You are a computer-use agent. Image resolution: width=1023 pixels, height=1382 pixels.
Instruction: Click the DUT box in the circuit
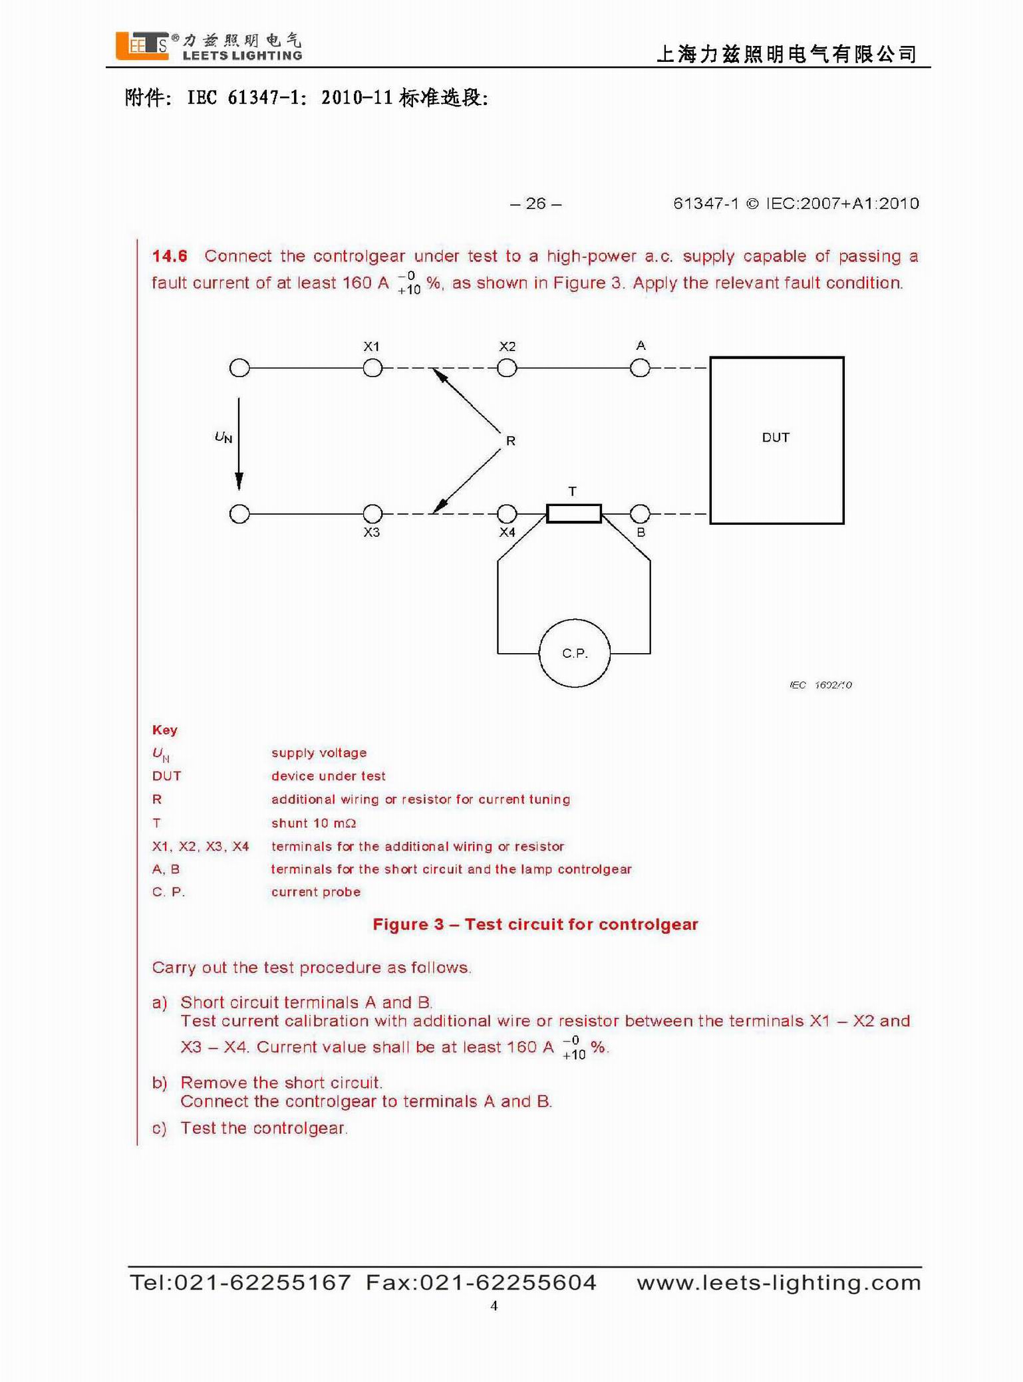tap(776, 440)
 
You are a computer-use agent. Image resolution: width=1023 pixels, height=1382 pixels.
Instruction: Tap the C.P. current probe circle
tap(574, 653)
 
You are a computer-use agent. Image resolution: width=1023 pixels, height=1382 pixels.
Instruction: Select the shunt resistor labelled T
tap(573, 513)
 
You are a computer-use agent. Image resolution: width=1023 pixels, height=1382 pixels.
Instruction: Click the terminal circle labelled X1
tap(372, 368)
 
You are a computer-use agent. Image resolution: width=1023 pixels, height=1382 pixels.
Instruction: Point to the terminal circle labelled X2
tap(507, 368)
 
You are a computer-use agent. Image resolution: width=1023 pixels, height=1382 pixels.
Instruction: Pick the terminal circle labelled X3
tap(372, 513)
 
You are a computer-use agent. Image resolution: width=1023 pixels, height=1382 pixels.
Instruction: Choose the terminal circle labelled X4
tap(507, 513)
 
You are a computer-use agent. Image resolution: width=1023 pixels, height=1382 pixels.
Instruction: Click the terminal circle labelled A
tap(640, 368)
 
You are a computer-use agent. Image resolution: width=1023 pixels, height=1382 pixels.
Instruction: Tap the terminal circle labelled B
tap(640, 513)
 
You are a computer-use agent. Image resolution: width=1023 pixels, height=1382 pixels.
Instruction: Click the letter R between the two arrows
tap(510, 440)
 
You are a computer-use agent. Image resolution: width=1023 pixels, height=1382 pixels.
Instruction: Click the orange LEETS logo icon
tap(142, 46)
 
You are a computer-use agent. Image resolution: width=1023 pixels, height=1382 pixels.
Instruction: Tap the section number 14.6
tap(170, 256)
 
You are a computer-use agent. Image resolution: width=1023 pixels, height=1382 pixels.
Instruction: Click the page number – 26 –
tap(535, 204)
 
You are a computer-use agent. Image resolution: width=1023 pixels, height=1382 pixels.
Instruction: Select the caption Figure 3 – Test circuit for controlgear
tap(535, 924)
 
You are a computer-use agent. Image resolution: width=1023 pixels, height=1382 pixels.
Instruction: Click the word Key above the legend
tap(164, 730)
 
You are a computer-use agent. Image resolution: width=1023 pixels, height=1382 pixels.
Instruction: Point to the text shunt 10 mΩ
tap(313, 823)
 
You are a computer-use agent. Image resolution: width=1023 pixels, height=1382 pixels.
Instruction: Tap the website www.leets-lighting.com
tap(778, 1282)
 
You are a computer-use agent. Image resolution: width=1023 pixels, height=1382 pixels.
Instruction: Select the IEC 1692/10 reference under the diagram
tap(820, 685)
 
